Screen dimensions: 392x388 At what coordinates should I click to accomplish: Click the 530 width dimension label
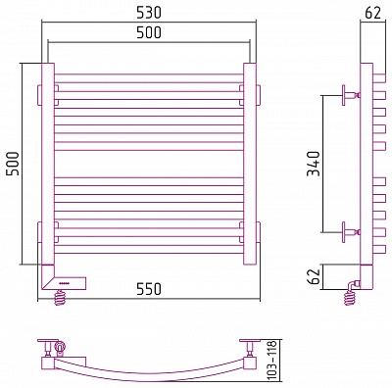click(149, 13)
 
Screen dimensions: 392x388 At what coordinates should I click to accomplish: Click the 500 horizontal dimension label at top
click(149, 32)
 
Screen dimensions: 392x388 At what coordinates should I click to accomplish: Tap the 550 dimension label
click(149, 289)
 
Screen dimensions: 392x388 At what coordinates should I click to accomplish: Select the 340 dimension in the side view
click(314, 164)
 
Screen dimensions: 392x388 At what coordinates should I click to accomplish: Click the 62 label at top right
click(372, 13)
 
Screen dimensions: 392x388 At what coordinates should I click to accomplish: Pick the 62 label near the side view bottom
click(315, 276)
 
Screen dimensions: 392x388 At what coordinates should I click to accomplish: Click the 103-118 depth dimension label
click(271, 361)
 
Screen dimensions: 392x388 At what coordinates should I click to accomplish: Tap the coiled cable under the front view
click(61, 298)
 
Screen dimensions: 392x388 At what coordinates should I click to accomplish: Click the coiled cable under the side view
click(350, 298)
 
